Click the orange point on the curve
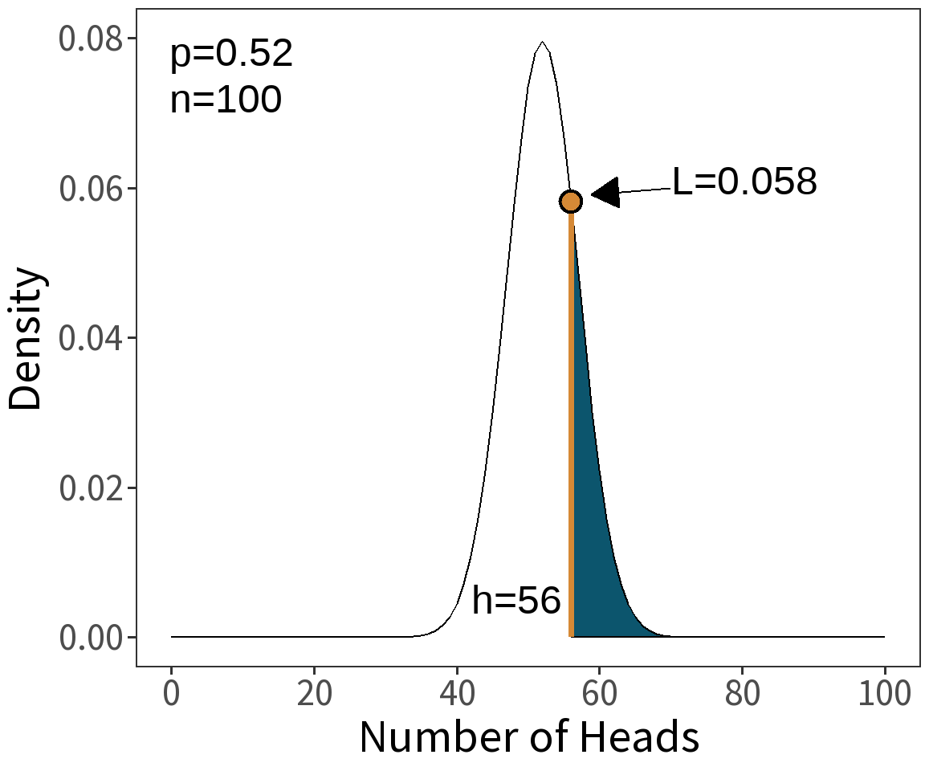pos(570,201)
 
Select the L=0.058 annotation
pos(744,182)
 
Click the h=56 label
pos(515,600)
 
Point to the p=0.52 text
pos(231,55)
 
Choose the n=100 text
pos(226,100)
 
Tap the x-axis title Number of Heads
pos(528,737)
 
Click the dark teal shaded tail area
pos(594,562)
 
